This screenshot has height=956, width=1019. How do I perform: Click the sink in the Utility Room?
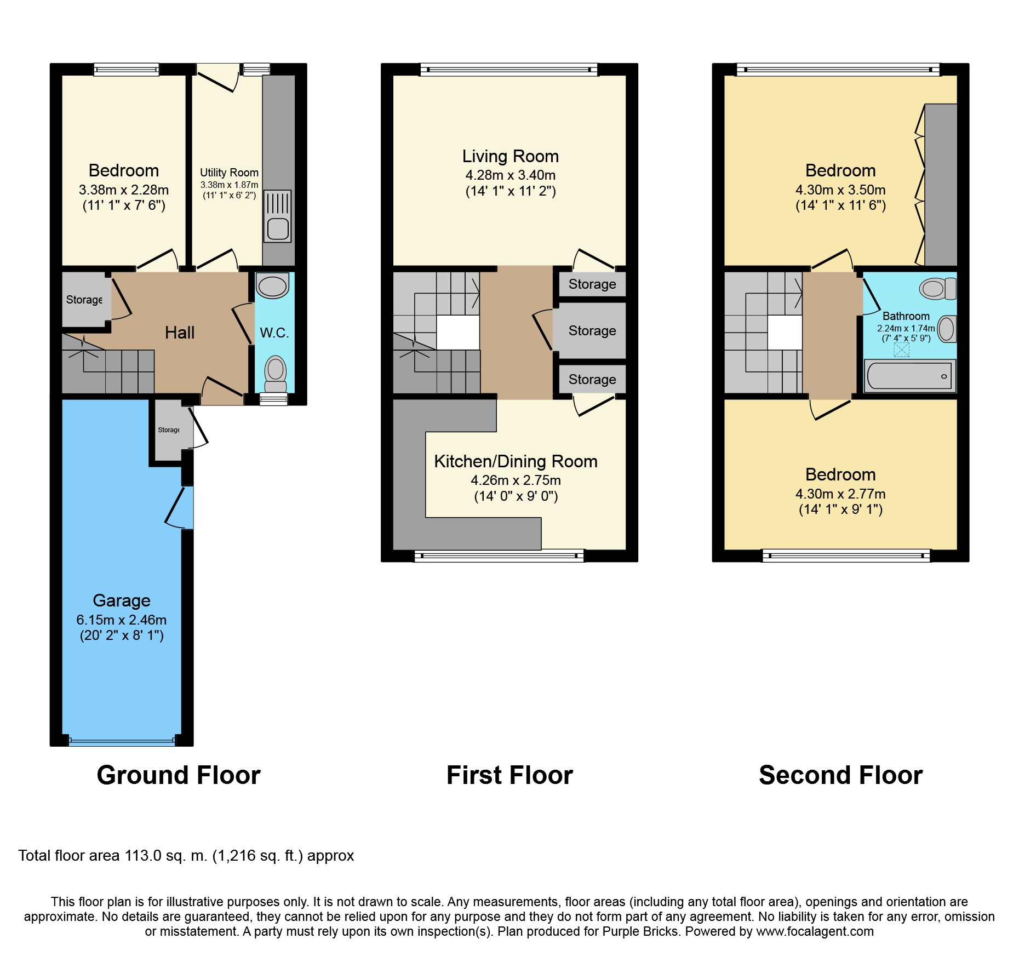[278, 216]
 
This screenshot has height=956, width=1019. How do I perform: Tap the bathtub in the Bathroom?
[909, 376]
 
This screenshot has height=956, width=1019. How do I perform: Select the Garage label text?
[122, 600]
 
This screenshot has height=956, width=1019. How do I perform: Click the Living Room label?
[510, 157]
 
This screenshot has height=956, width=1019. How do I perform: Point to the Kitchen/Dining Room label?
[516, 461]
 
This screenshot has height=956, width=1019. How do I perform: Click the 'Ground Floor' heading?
[179, 775]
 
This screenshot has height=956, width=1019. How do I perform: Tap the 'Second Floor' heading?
[840, 775]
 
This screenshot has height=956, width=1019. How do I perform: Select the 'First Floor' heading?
[509, 775]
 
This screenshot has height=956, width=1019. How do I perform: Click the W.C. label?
[274, 333]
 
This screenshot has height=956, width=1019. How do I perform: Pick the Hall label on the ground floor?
[180, 333]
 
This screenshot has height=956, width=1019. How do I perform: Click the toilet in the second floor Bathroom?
[937, 288]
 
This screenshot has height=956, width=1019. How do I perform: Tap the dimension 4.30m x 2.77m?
[840, 494]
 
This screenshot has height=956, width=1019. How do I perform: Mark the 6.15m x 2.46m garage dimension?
[122, 620]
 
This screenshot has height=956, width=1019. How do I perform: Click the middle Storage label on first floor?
[592, 330]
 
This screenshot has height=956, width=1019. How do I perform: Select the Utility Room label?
[229, 173]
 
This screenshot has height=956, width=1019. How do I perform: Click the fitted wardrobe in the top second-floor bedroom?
[941, 185]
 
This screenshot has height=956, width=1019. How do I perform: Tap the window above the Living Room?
[509, 70]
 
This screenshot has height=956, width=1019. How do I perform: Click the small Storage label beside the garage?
[169, 430]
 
